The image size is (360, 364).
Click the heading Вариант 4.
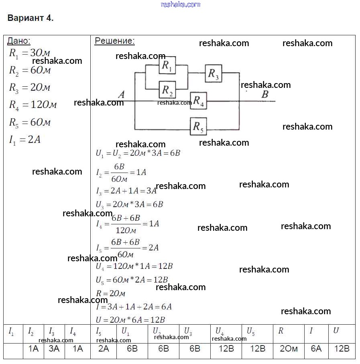click(x=31, y=18)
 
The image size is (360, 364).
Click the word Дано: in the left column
click(x=19, y=41)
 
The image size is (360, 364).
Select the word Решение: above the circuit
click(x=115, y=41)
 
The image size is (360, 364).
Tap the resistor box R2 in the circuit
click(x=167, y=90)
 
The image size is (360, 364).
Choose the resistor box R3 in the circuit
click(x=214, y=74)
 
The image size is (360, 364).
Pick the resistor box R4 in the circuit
click(x=198, y=101)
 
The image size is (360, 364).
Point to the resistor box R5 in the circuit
click(x=198, y=127)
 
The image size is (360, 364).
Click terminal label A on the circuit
click(x=121, y=95)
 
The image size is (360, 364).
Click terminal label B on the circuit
click(x=264, y=95)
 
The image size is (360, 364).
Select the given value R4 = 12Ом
click(x=33, y=105)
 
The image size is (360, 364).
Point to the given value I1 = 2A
click(x=24, y=140)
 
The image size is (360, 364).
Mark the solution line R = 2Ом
click(x=111, y=293)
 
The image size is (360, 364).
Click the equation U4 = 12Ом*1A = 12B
click(x=134, y=266)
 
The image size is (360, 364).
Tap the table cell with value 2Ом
click(x=289, y=348)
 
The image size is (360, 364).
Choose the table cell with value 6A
click(x=316, y=348)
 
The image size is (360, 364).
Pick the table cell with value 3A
click(x=54, y=348)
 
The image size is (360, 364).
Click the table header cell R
click(x=281, y=331)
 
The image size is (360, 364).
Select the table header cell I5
click(x=99, y=331)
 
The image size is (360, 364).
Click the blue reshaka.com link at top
click(x=180, y=4)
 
